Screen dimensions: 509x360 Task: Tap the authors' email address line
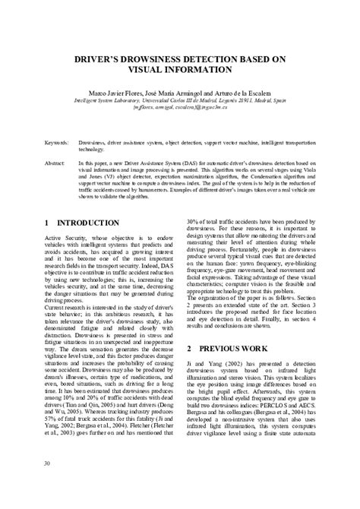[x=180, y=107]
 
